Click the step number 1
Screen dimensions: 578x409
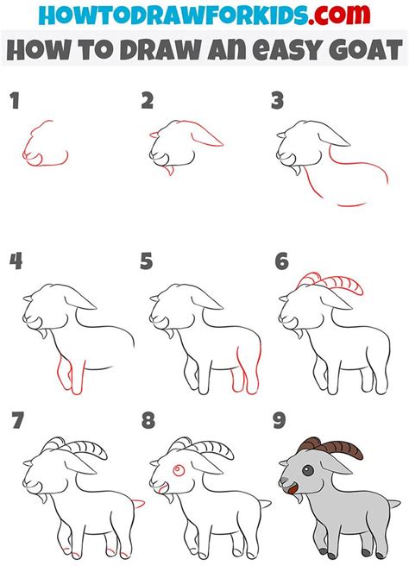[x=15, y=102]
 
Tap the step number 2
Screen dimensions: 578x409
[x=148, y=102]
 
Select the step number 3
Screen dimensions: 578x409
[x=277, y=102]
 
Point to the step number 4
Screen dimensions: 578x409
[x=16, y=261]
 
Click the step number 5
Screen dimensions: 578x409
[x=147, y=261]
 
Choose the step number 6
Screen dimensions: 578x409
[x=281, y=261]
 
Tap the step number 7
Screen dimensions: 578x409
[x=16, y=422]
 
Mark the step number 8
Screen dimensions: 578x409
[x=147, y=422]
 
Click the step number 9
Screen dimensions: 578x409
[x=278, y=422]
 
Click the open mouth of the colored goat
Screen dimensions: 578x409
[x=291, y=495]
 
